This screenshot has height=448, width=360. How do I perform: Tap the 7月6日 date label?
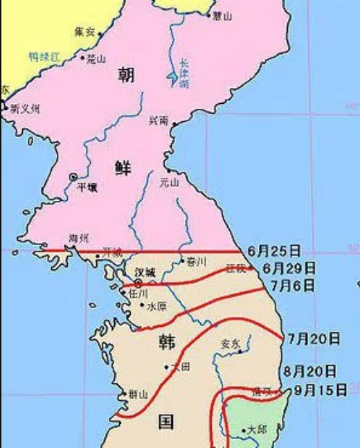[x=294, y=285]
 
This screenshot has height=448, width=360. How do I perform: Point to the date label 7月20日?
[x=314, y=339]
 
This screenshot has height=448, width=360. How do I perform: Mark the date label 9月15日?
[x=319, y=391]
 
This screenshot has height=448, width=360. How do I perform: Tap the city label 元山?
[x=169, y=183]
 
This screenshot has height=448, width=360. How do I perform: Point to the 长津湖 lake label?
[x=182, y=73]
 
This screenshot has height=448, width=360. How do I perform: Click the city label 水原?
[x=157, y=305]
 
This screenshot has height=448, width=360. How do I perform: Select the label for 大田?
[x=180, y=366]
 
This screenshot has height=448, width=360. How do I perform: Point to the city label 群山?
[x=138, y=394]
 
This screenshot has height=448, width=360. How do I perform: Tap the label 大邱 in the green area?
[x=257, y=429]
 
